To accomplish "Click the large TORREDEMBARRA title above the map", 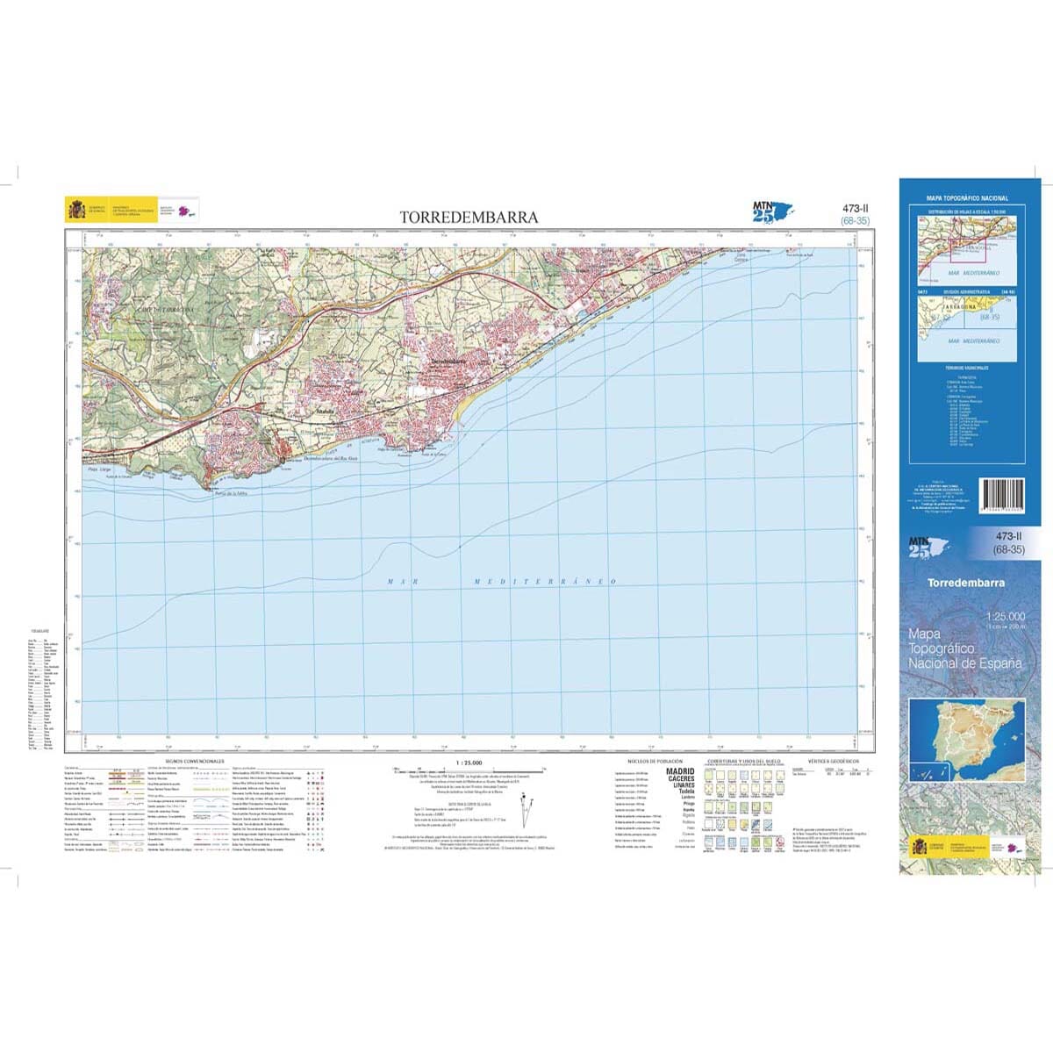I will [469, 217].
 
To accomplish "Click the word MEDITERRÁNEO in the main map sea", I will [545, 582].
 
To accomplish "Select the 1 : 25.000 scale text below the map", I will [469, 761].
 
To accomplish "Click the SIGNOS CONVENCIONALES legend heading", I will [188, 761].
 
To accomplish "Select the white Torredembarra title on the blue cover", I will [966, 583].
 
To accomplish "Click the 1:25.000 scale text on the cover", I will [1005, 617].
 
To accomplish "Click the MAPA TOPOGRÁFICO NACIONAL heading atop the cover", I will [968, 199].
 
